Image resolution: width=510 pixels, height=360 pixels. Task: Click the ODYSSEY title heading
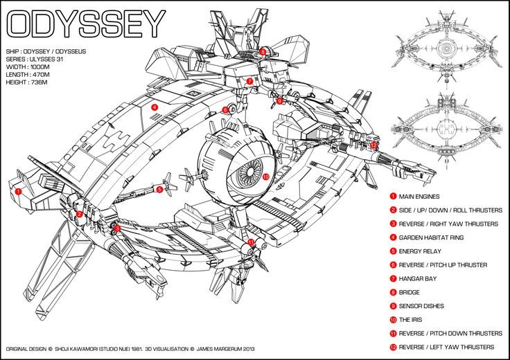click(86, 24)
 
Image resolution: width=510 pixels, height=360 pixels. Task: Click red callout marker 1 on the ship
click(19, 191)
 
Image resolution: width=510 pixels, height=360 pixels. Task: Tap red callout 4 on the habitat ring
click(155, 107)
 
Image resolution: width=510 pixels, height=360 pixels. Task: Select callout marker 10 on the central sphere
click(265, 177)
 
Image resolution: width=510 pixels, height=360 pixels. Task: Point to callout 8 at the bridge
click(263, 51)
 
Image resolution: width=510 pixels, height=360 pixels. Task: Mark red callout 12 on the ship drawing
click(373, 145)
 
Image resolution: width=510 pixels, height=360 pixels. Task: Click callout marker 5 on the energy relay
click(159, 190)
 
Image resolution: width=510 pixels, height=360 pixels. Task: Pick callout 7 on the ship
click(249, 81)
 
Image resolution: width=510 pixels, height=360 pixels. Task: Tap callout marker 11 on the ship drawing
click(250, 242)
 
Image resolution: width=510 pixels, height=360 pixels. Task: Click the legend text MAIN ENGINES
click(419, 197)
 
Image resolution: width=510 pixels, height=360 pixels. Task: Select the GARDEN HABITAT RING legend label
click(431, 237)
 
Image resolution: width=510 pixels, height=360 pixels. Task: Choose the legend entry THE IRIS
click(410, 320)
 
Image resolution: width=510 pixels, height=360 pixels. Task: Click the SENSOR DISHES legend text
click(421, 306)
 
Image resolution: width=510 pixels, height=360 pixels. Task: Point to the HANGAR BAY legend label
click(418, 279)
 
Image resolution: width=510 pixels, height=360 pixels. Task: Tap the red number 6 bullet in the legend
click(393, 264)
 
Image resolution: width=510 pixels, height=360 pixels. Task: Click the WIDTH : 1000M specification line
click(28, 67)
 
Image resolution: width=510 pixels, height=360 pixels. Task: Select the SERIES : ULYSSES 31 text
click(35, 59)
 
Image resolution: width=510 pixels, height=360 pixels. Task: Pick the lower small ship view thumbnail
click(446, 130)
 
